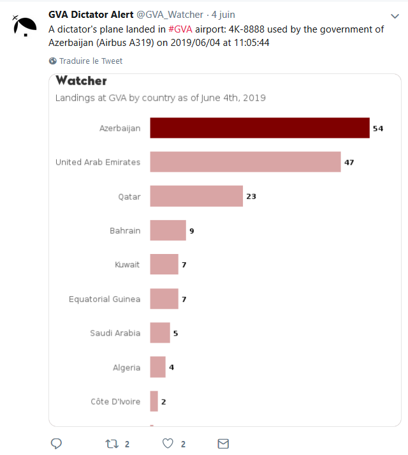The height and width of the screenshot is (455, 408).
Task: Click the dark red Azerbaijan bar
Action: (x=259, y=128)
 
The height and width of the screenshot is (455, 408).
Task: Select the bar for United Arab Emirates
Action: (x=245, y=162)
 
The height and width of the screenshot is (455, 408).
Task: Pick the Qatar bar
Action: (x=196, y=196)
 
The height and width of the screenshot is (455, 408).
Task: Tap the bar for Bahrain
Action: (x=168, y=230)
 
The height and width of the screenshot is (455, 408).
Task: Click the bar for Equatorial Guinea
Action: (x=164, y=299)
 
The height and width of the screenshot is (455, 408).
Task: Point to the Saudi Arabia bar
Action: (x=160, y=332)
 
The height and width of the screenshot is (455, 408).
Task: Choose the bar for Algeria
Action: (x=157, y=367)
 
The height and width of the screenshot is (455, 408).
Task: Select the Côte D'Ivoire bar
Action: (x=154, y=401)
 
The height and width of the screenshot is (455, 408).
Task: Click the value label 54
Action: (x=378, y=128)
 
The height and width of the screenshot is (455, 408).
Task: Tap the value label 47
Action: (x=349, y=162)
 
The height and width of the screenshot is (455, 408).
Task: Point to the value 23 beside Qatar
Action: (x=251, y=197)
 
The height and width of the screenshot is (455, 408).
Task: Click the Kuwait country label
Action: (x=127, y=265)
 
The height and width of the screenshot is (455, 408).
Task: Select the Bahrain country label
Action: (x=125, y=230)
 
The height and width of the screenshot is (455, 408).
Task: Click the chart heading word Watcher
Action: (x=81, y=81)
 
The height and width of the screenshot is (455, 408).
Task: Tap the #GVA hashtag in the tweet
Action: (x=180, y=29)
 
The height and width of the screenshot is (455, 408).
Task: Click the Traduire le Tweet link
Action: (x=91, y=61)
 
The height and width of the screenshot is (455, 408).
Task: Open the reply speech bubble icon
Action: (x=56, y=444)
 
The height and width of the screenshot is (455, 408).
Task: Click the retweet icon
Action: (x=112, y=444)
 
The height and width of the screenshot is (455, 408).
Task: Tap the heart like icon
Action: (x=168, y=444)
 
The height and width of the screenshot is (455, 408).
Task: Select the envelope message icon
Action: (x=223, y=444)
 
